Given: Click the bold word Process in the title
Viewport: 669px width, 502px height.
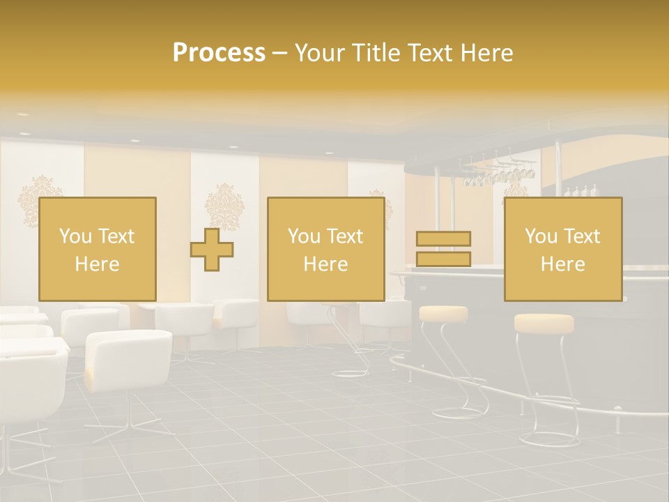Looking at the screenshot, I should (219, 53).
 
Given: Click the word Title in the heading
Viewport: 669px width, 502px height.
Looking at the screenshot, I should (376, 53).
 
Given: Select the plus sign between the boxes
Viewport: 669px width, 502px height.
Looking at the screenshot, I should (212, 249).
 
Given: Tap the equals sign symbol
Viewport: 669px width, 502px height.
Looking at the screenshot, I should (443, 249).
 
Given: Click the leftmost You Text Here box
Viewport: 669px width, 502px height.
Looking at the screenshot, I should (98, 249).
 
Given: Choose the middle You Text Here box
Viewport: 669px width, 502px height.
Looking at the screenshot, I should (326, 249).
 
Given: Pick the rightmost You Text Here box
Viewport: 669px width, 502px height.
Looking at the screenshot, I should (563, 249).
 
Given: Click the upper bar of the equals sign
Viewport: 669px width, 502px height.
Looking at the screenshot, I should (443, 238).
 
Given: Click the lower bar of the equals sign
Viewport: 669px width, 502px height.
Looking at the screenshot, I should (443, 259).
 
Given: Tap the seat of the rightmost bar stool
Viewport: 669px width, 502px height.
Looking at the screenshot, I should (544, 324).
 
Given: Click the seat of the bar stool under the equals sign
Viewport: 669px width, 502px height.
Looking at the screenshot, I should (443, 314).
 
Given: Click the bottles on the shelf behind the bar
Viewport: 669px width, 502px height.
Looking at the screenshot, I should (581, 191).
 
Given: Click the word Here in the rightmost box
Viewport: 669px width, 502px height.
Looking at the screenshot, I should (563, 264).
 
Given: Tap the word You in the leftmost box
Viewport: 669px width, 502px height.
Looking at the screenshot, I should (75, 236).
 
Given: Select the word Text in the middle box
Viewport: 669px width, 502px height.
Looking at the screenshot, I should (344, 236).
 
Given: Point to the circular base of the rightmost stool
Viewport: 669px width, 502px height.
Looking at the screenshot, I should (550, 440).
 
